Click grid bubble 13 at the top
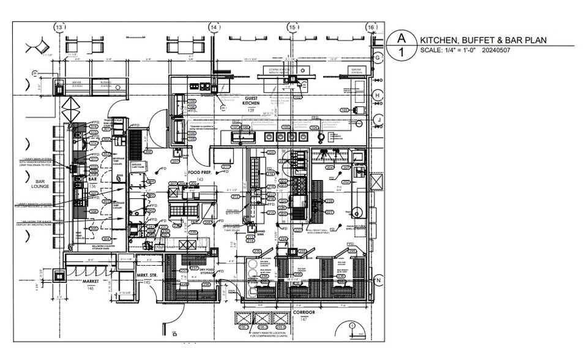pyautogui.click(x=59, y=28)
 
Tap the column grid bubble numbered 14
pyautogui.click(x=214, y=28)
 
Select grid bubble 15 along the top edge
pyautogui.click(x=292, y=28)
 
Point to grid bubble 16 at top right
pyautogui.click(x=371, y=28)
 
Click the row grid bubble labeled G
pyautogui.click(x=378, y=57)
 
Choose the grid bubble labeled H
pyautogui.click(x=378, y=96)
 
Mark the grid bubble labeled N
pyautogui.click(x=379, y=280)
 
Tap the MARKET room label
pyautogui.click(x=91, y=282)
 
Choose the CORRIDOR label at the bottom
pyautogui.click(x=304, y=312)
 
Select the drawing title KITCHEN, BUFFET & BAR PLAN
pyautogui.click(x=483, y=40)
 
